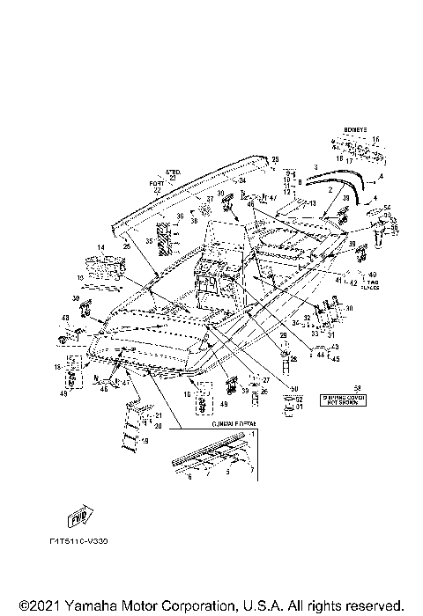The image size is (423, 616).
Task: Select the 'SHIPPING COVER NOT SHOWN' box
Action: [345, 400]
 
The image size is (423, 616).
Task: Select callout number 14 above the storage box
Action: [100, 247]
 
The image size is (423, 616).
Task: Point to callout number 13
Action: [310, 202]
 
